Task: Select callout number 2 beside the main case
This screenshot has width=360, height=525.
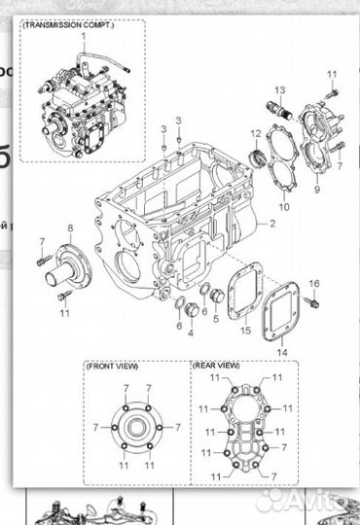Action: pyautogui.click(x=273, y=225)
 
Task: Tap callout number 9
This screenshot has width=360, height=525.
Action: pyautogui.click(x=316, y=190)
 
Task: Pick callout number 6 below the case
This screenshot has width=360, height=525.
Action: pyautogui.click(x=179, y=326)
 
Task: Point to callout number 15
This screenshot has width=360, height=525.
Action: pyautogui.click(x=246, y=331)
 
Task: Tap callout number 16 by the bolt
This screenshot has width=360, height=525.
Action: pyautogui.click(x=314, y=283)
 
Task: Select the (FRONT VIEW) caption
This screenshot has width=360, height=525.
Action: pyautogui.click(x=113, y=367)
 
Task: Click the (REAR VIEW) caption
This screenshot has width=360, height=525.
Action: pyautogui.click(x=217, y=367)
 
